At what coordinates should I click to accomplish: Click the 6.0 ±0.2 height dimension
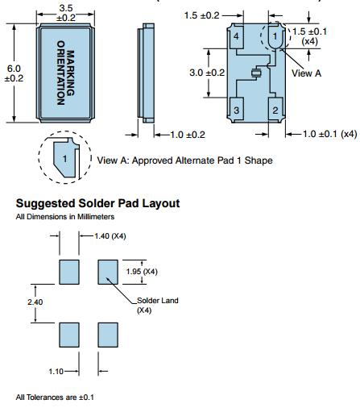[14, 73]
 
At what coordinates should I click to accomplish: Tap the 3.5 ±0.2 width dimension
[66, 13]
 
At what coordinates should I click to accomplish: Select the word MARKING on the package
[70, 73]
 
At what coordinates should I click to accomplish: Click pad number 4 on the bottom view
[236, 36]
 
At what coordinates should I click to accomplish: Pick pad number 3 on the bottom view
[236, 110]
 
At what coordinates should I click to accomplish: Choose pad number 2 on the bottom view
[275, 110]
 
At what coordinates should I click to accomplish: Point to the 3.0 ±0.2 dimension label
[207, 73]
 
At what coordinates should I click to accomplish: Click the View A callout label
[306, 73]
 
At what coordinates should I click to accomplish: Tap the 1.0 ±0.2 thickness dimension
[188, 135]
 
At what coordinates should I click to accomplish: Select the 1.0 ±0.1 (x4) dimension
[330, 134]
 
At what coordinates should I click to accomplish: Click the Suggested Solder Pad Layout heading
[97, 203]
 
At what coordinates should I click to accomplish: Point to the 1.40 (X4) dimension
[110, 236]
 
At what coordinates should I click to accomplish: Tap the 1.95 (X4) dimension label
[142, 272]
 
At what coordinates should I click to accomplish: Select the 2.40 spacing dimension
[35, 302]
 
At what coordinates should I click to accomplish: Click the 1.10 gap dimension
[56, 372]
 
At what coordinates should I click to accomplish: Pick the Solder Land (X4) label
[158, 306]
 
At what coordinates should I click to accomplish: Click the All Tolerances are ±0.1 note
[55, 398]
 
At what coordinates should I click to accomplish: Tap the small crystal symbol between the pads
[257, 73]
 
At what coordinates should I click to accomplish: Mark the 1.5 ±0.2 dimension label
[202, 15]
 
